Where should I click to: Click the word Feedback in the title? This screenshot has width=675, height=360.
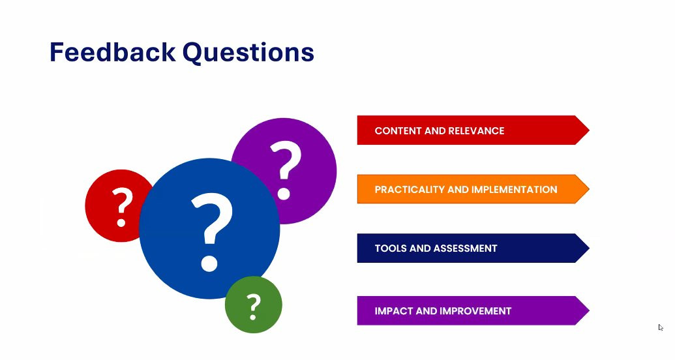pos(112,52)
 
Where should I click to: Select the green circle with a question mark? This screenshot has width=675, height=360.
pos(254,305)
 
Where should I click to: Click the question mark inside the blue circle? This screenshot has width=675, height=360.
pos(211,232)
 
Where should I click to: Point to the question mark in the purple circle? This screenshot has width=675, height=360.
pos(286,170)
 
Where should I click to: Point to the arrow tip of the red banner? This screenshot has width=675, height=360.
pos(589,130)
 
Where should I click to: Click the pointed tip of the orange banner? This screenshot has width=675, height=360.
pos(589,189)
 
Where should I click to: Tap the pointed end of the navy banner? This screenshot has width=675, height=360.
pos(589,248)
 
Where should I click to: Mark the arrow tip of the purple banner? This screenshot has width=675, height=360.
pos(589,310)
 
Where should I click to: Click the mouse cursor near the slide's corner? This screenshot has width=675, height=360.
pos(661,327)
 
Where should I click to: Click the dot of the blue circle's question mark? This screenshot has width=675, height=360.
pos(209,263)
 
